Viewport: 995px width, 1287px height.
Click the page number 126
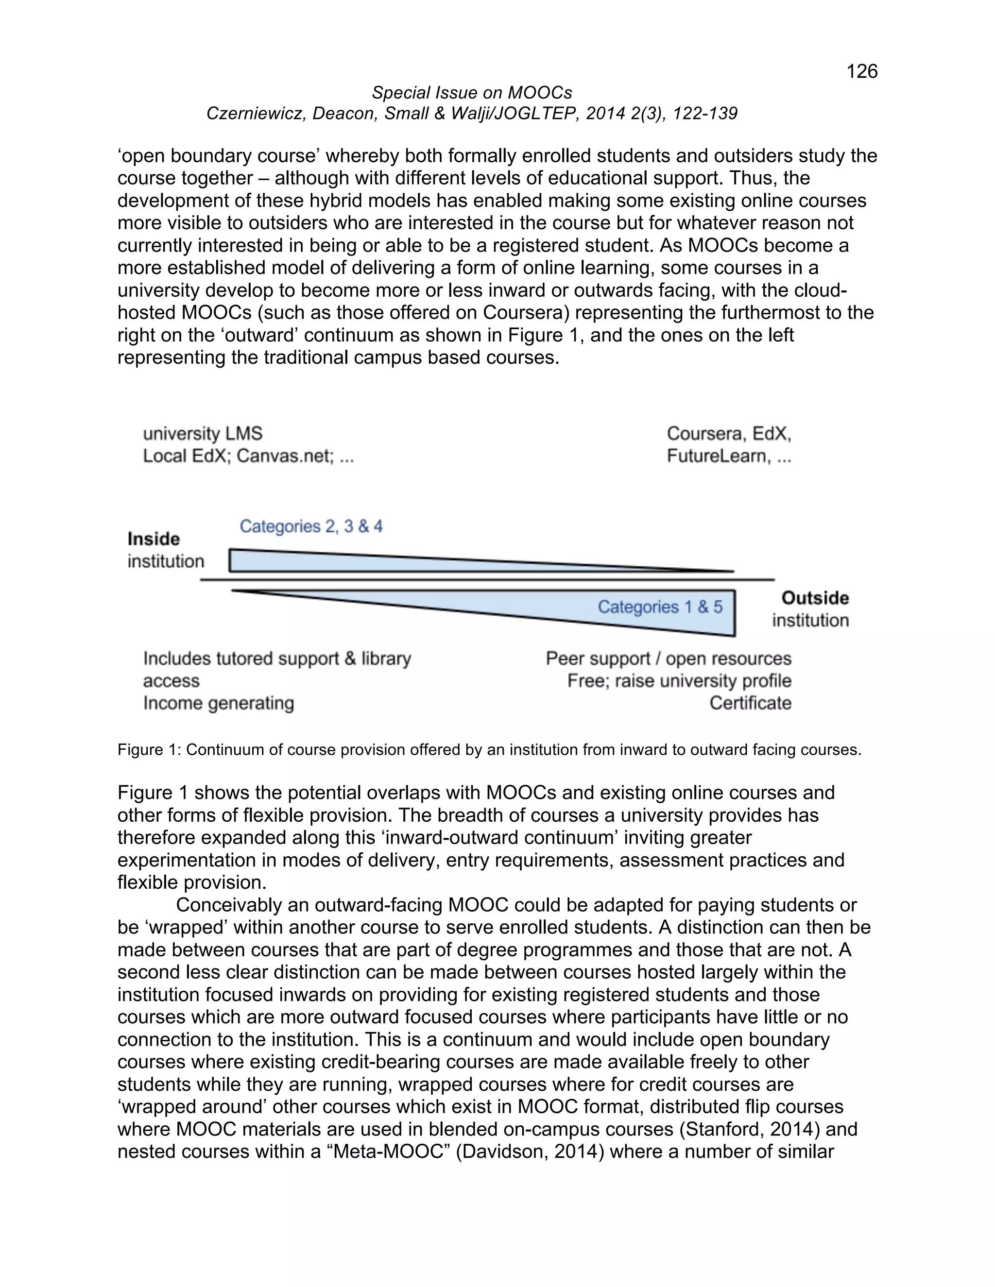click(x=861, y=71)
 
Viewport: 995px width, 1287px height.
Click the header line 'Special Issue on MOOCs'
click(x=472, y=92)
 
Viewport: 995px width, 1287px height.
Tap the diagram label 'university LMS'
click(x=202, y=434)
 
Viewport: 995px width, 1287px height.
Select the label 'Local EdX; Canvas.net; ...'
click(x=248, y=456)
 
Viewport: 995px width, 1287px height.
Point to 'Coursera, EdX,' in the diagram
click(x=729, y=434)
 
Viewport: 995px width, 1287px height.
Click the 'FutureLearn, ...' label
click(x=729, y=456)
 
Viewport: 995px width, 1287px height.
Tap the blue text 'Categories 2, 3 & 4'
click(x=310, y=526)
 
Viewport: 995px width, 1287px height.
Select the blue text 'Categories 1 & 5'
click(x=660, y=607)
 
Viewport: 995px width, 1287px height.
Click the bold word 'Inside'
click(x=153, y=539)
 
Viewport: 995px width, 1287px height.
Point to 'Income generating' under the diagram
click(x=218, y=703)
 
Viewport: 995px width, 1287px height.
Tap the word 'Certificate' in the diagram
click(x=750, y=703)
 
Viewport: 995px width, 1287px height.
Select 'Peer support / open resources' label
click(x=668, y=658)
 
